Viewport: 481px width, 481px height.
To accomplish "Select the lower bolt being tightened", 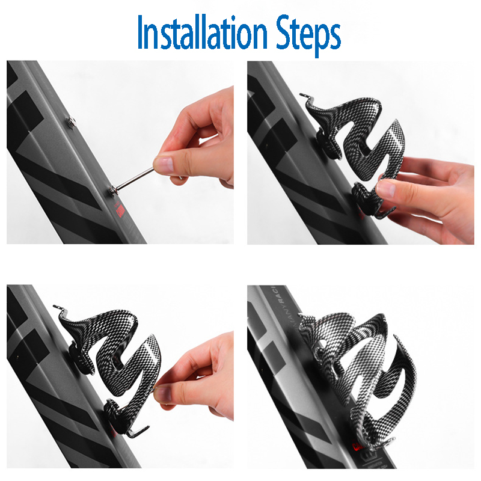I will point(111,191).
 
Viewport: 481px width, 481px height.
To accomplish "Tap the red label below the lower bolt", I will point(119,210).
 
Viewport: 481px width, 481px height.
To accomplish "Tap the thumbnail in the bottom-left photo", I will point(162,391).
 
